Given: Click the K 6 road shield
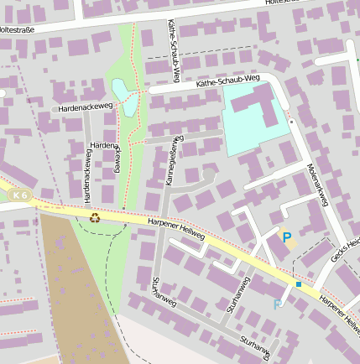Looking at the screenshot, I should pos(21,196).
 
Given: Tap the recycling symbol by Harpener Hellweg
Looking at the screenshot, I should pos(95,217).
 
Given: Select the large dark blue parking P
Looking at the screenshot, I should pos(286,238).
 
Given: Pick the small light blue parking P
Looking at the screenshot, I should pos(278,304).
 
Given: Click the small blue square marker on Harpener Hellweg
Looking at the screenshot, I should pos(298,284).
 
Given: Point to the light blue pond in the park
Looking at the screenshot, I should pos(125,97).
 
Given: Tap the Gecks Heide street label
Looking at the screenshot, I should pos(345,249).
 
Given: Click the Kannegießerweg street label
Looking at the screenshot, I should pos(171,159).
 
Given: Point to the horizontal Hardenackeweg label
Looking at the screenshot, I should pos(86,107).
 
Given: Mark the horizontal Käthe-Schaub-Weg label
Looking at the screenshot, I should pos(228,81).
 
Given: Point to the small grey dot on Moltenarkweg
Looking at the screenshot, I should pos(291,122).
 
